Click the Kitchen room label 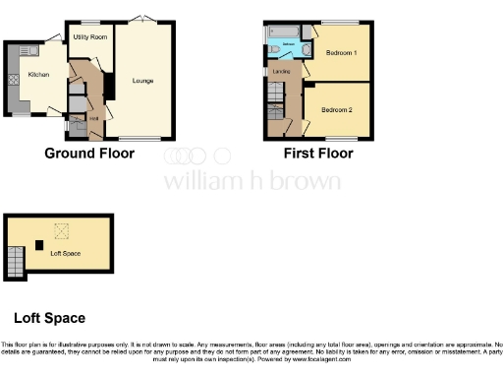coord(38,74)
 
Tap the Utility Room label coord(89,36)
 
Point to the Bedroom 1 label coord(342,51)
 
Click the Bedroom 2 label coord(337,109)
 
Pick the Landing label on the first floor coord(280,71)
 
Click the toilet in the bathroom coord(272,47)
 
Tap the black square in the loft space coord(38,244)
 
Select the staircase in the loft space coord(14,261)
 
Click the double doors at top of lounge coord(143,20)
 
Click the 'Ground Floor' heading coord(89,153)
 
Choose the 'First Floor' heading coord(318,153)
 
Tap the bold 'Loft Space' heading coord(49,318)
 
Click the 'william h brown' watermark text coord(251,181)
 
